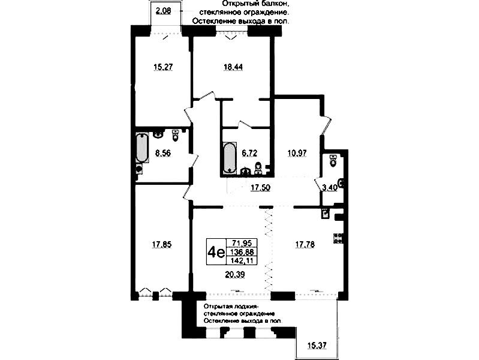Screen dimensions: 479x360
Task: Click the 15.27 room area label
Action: coord(163,67)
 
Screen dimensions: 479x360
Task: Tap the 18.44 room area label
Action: coord(233,67)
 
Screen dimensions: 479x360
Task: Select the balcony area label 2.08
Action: coord(163,11)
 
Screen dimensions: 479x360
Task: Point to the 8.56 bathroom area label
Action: coord(163,153)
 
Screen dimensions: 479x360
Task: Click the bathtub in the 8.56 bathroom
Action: coord(141,148)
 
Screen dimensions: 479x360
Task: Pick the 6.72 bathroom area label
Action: coord(249,153)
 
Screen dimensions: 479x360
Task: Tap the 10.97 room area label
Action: coord(297,153)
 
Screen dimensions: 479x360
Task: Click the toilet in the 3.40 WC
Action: coord(333,160)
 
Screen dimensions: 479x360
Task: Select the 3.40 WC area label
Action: coord(330,187)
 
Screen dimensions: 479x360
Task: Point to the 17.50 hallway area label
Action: coord(260,187)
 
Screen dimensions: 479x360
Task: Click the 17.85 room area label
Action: coord(162,245)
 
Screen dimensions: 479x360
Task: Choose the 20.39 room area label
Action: coord(234,275)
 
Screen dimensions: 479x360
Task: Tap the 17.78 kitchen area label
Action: coord(305,245)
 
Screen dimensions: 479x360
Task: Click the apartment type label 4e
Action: coord(216,252)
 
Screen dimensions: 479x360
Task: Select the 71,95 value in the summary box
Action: coord(242,244)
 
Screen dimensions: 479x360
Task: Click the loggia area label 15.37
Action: coord(317,346)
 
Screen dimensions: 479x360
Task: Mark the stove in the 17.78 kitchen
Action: coord(339,238)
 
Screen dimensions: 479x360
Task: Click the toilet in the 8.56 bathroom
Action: coord(175,136)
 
